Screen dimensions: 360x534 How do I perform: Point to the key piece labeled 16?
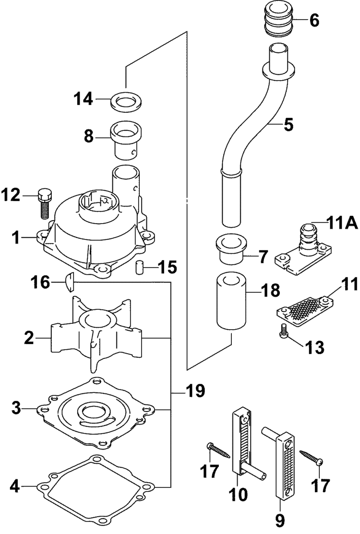tap(69, 282)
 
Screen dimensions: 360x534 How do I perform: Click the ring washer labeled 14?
tap(127, 101)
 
